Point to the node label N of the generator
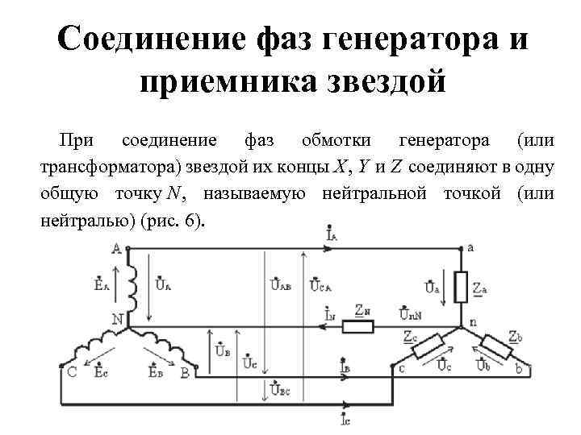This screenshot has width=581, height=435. pyautogui.click(x=118, y=319)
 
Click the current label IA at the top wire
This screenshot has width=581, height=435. pyautogui.click(x=333, y=236)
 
